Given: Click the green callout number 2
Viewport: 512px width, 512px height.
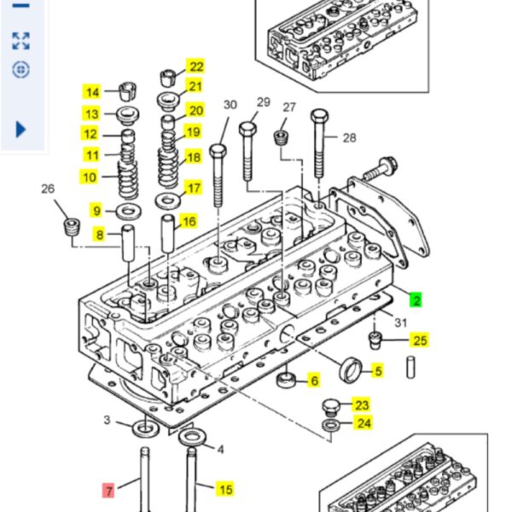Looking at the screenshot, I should pos(416,300).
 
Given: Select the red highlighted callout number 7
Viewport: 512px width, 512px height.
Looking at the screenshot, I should pos(108,490).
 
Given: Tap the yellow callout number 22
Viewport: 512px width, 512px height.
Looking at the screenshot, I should pos(196,67).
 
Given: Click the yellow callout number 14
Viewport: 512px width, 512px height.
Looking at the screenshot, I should pos(91,92).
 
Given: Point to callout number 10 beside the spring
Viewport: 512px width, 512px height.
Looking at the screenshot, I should pos(89,177).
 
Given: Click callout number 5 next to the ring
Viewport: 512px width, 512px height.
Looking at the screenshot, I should pos(377,370).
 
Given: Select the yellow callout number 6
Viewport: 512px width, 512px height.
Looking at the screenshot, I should pos(313,381).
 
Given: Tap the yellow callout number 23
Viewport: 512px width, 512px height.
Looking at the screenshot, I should pos(362,405).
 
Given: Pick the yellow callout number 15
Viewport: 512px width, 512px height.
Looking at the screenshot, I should pos(225,489).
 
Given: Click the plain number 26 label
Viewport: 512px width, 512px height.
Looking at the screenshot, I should pos(48,189).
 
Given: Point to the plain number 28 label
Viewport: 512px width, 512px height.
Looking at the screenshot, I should pos(349,137).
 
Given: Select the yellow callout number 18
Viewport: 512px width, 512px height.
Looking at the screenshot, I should pos(193,157).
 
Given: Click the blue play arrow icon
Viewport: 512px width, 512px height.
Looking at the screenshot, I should pos(21,129).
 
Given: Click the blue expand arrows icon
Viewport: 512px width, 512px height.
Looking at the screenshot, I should pos(21,40).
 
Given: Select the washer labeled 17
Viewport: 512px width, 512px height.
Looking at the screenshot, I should pos(166,200).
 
